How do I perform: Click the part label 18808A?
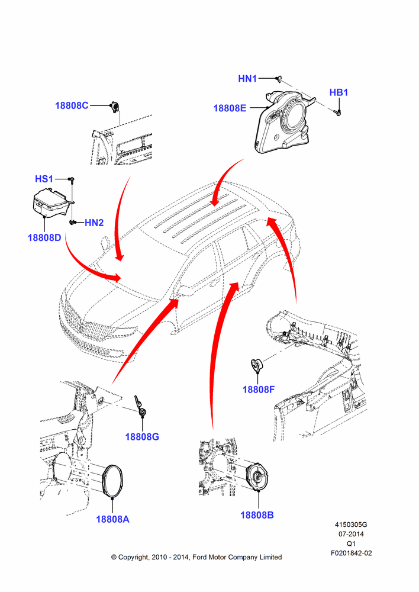click(x=112, y=519)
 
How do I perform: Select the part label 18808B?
click(x=257, y=515)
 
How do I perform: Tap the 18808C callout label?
click(x=72, y=105)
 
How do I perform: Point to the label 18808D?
click(x=44, y=238)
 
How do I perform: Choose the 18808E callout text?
click(x=230, y=108)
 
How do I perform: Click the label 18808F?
click(x=259, y=390)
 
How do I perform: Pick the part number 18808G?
click(x=142, y=437)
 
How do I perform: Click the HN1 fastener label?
click(x=247, y=79)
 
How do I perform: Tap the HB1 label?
click(x=339, y=92)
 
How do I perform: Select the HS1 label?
click(x=44, y=179)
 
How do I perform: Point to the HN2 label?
click(x=94, y=223)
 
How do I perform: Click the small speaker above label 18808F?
click(x=257, y=365)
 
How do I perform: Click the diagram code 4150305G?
click(x=351, y=525)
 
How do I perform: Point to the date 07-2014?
click(x=351, y=534)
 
